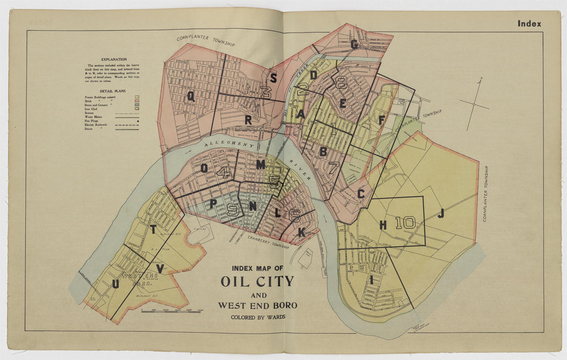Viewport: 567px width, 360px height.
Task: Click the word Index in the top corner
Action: pos(529,24)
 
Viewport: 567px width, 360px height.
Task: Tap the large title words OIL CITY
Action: pos(257,282)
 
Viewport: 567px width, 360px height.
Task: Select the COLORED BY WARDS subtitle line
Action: pos(257,317)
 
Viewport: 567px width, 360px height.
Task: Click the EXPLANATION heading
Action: pos(114,59)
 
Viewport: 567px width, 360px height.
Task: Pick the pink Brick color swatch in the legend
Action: pos(137,102)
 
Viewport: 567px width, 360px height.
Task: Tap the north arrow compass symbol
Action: pos(475,104)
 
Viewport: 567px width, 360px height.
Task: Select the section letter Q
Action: pos(191,96)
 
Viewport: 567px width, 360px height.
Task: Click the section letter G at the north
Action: pos(354,44)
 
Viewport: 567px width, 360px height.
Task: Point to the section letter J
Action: pos(441,214)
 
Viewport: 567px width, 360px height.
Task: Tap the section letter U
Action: pos(115,284)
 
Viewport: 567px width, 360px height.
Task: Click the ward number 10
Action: pos(406,222)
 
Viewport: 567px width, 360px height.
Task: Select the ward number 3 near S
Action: pos(266,93)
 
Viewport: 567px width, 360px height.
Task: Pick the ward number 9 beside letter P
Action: pos(232,209)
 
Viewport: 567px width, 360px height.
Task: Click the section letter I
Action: pos(370,280)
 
